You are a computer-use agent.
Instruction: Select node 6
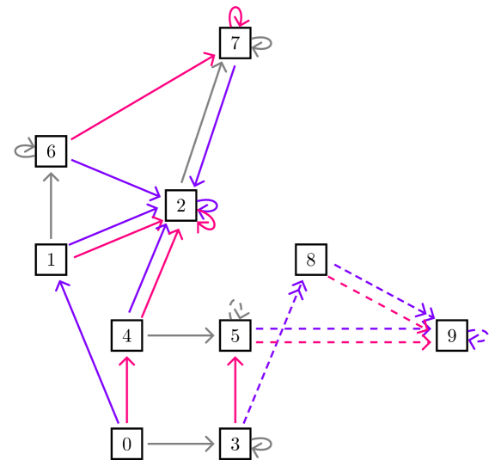52,152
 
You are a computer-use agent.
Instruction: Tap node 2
180,205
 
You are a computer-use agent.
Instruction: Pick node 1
52,258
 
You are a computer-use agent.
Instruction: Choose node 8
310,258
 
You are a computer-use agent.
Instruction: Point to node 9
451,336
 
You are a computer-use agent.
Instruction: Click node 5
235,336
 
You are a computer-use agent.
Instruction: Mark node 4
126,336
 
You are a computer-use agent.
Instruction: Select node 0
126,445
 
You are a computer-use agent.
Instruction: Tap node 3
235,445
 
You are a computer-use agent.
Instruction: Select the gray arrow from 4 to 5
180,336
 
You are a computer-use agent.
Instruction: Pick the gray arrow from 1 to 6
52,206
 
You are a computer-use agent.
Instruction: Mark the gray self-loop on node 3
264,445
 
